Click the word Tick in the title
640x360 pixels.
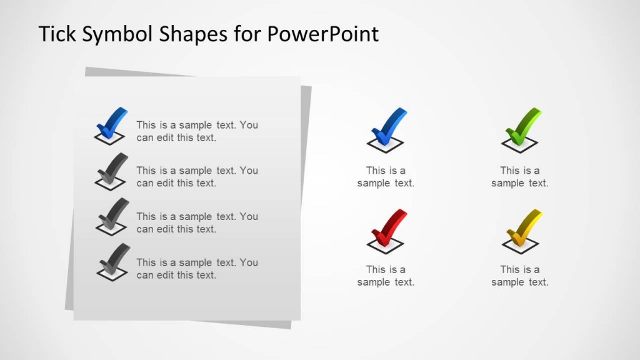coord(56,34)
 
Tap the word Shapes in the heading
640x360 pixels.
coord(191,35)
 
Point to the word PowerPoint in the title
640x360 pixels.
coord(322,34)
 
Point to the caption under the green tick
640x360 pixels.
coord(519,177)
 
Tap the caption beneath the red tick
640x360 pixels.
coord(386,276)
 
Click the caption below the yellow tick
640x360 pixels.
coord(519,276)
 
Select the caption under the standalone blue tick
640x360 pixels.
coord(386,177)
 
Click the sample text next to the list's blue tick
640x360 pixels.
coord(197,131)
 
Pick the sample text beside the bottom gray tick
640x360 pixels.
coord(197,269)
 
